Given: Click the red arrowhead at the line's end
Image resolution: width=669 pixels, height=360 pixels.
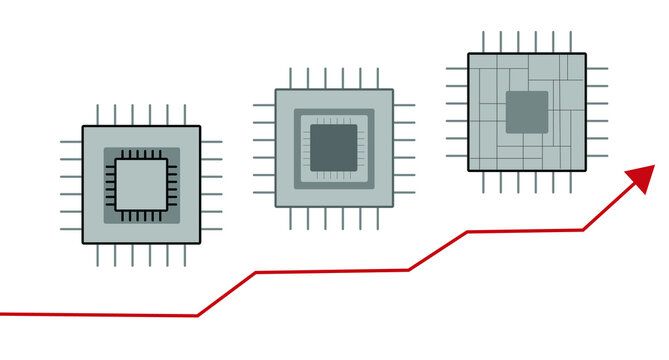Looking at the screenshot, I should (x=641, y=180).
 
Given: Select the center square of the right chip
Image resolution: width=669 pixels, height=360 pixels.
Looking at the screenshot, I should (x=526, y=111).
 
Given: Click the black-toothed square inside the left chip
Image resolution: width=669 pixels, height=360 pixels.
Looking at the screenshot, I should (x=142, y=185).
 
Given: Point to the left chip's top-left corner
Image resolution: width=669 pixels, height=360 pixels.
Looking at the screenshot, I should (x=83, y=127).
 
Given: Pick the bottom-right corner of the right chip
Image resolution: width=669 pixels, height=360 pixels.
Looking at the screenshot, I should (x=584, y=170).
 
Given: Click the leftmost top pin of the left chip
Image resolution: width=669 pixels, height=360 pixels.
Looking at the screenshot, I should (x=97, y=114).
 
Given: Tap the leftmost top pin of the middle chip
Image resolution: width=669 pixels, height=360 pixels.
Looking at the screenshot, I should (x=290, y=77).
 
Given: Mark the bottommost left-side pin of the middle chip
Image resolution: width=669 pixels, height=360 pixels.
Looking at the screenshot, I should (x=265, y=193).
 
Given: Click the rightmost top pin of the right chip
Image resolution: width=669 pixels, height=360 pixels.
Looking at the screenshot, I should (x=570, y=41).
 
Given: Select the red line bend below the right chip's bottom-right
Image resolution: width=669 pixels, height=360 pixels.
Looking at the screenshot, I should (x=583, y=230).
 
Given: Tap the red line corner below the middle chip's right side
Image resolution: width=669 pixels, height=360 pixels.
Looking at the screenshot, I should (x=408, y=269).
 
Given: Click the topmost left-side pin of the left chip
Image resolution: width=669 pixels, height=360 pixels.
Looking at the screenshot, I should (x=70, y=141).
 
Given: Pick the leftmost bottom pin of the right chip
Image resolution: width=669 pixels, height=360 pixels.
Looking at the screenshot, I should (x=483, y=183).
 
